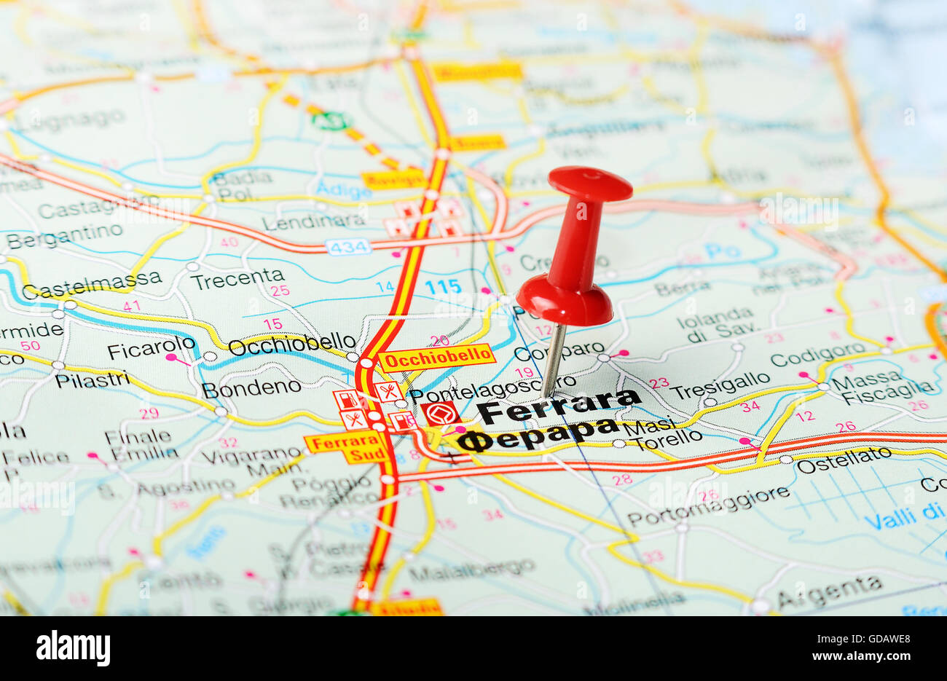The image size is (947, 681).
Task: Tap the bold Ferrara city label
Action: (x=558, y=406)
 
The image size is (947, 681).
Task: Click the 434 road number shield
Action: (x=348, y=247)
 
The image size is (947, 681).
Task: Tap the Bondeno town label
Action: (x=251, y=387)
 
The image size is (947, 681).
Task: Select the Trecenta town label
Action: (x=237, y=277)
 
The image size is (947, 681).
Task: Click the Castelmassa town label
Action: (x=92, y=284)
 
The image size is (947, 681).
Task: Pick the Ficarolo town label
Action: (x=151, y=348)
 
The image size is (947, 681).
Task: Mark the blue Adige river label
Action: (x=344, y=190)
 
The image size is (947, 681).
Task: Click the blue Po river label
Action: (x=722, y=251)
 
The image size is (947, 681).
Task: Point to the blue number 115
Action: (x=443, y=286)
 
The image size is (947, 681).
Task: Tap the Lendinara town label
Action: (x=314, y=221)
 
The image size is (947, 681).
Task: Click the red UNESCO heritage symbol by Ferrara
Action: (x=440, y=413)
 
